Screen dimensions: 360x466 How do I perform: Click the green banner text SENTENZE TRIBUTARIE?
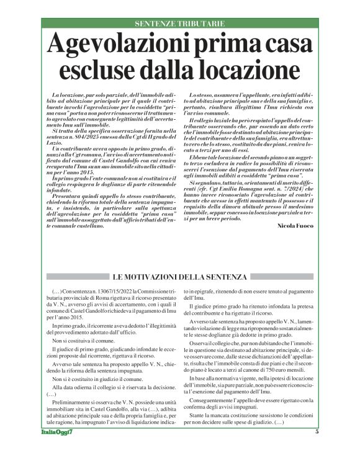tap(180, 24)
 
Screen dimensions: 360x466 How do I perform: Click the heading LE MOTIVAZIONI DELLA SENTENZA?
tap(180, 276)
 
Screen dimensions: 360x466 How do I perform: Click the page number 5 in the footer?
tap(317, 449)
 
